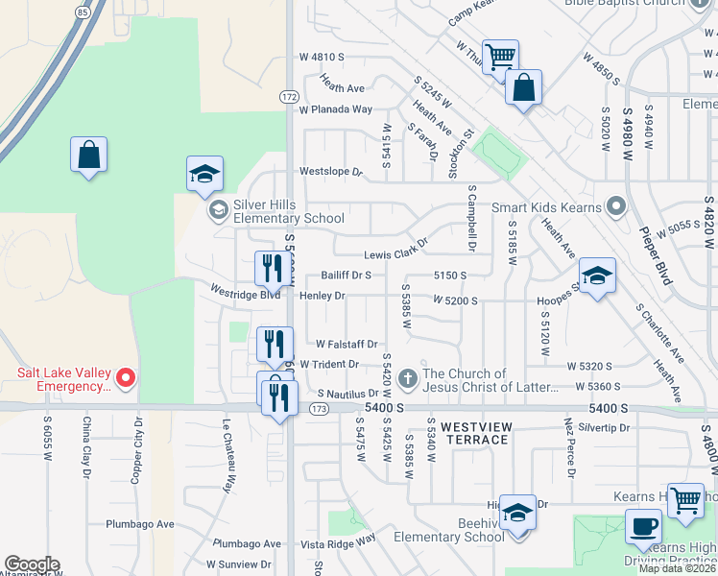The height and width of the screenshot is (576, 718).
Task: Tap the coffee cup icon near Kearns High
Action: click(x=643, y=527)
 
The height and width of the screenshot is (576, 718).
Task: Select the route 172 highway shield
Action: click(x=289, y=97)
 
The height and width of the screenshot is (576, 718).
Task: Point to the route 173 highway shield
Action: click(x=319, y=410)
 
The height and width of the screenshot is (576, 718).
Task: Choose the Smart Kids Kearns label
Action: click(x=546, y=207)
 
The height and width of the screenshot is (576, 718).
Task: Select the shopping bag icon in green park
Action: click(x=88, y=155)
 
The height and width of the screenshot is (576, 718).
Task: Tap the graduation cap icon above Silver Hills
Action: click(x=203, y=174)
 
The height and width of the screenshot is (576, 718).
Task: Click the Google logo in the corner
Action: click(x=32, y=564)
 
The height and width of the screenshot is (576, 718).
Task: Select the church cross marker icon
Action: click(x=408, y=378)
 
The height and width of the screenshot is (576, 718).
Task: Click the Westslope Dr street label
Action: click(x=331, y=173)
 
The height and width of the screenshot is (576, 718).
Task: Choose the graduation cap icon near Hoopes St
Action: click(x=597, y=277)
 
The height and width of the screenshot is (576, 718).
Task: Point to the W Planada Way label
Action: click(x=335, y=109)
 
